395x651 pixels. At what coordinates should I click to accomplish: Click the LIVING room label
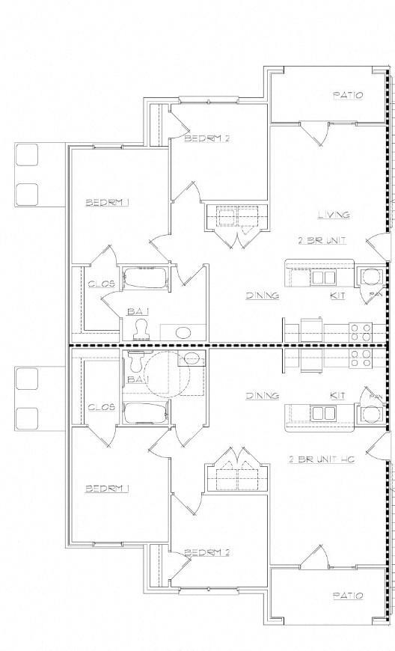pos(333,215)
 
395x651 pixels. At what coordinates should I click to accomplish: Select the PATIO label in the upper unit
pos(348,96)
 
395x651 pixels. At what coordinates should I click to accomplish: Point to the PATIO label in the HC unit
pos(348,596)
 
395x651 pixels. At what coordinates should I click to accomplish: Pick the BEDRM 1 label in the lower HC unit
pos(108,489)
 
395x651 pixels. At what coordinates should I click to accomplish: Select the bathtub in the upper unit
pos(147,278)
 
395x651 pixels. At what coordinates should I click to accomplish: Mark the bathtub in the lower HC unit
pos(147,413)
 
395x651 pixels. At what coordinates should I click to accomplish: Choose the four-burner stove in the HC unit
pos(362,356)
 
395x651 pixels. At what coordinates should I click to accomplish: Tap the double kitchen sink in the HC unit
pos(323,413)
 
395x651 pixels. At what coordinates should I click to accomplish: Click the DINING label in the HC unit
pos(262,395)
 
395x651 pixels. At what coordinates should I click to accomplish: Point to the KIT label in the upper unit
pos(337,296)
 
